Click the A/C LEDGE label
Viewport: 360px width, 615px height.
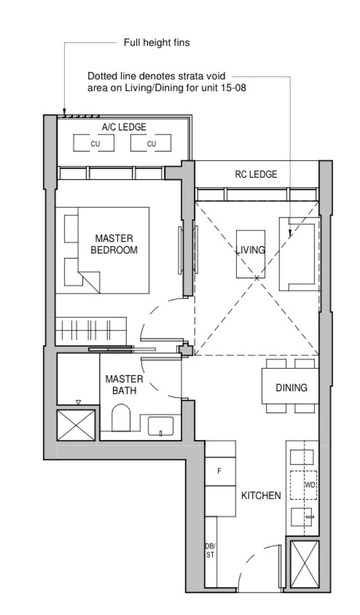pos(124,127)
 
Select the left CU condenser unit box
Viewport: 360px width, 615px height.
pos(94,143)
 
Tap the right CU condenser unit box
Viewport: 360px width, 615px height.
pos(151,143)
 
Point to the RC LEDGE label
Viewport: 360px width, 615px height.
pos(256,175)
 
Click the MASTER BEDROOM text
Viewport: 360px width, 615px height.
pos(114,244)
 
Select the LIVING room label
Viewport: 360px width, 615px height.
pos(251,250)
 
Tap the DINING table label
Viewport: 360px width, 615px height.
pos(291,388)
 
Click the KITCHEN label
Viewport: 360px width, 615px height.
pos(261,495)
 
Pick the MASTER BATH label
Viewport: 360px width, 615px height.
pos(124,385)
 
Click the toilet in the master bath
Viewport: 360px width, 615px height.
pos(121,417)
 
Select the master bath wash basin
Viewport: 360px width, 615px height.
pos(161,426)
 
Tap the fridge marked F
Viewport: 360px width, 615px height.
pos(220,471)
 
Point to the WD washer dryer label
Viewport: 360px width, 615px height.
pos(310,485)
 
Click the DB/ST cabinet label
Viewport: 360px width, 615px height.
pos(210,551)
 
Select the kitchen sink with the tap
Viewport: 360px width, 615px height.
pos(301,517)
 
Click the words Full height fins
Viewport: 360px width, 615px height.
pos(157,43)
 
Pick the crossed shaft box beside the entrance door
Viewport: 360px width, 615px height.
pos(305,564)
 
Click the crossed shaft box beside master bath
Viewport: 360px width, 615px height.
pos(76,425)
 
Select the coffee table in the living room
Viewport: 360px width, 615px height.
pos(251,254)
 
